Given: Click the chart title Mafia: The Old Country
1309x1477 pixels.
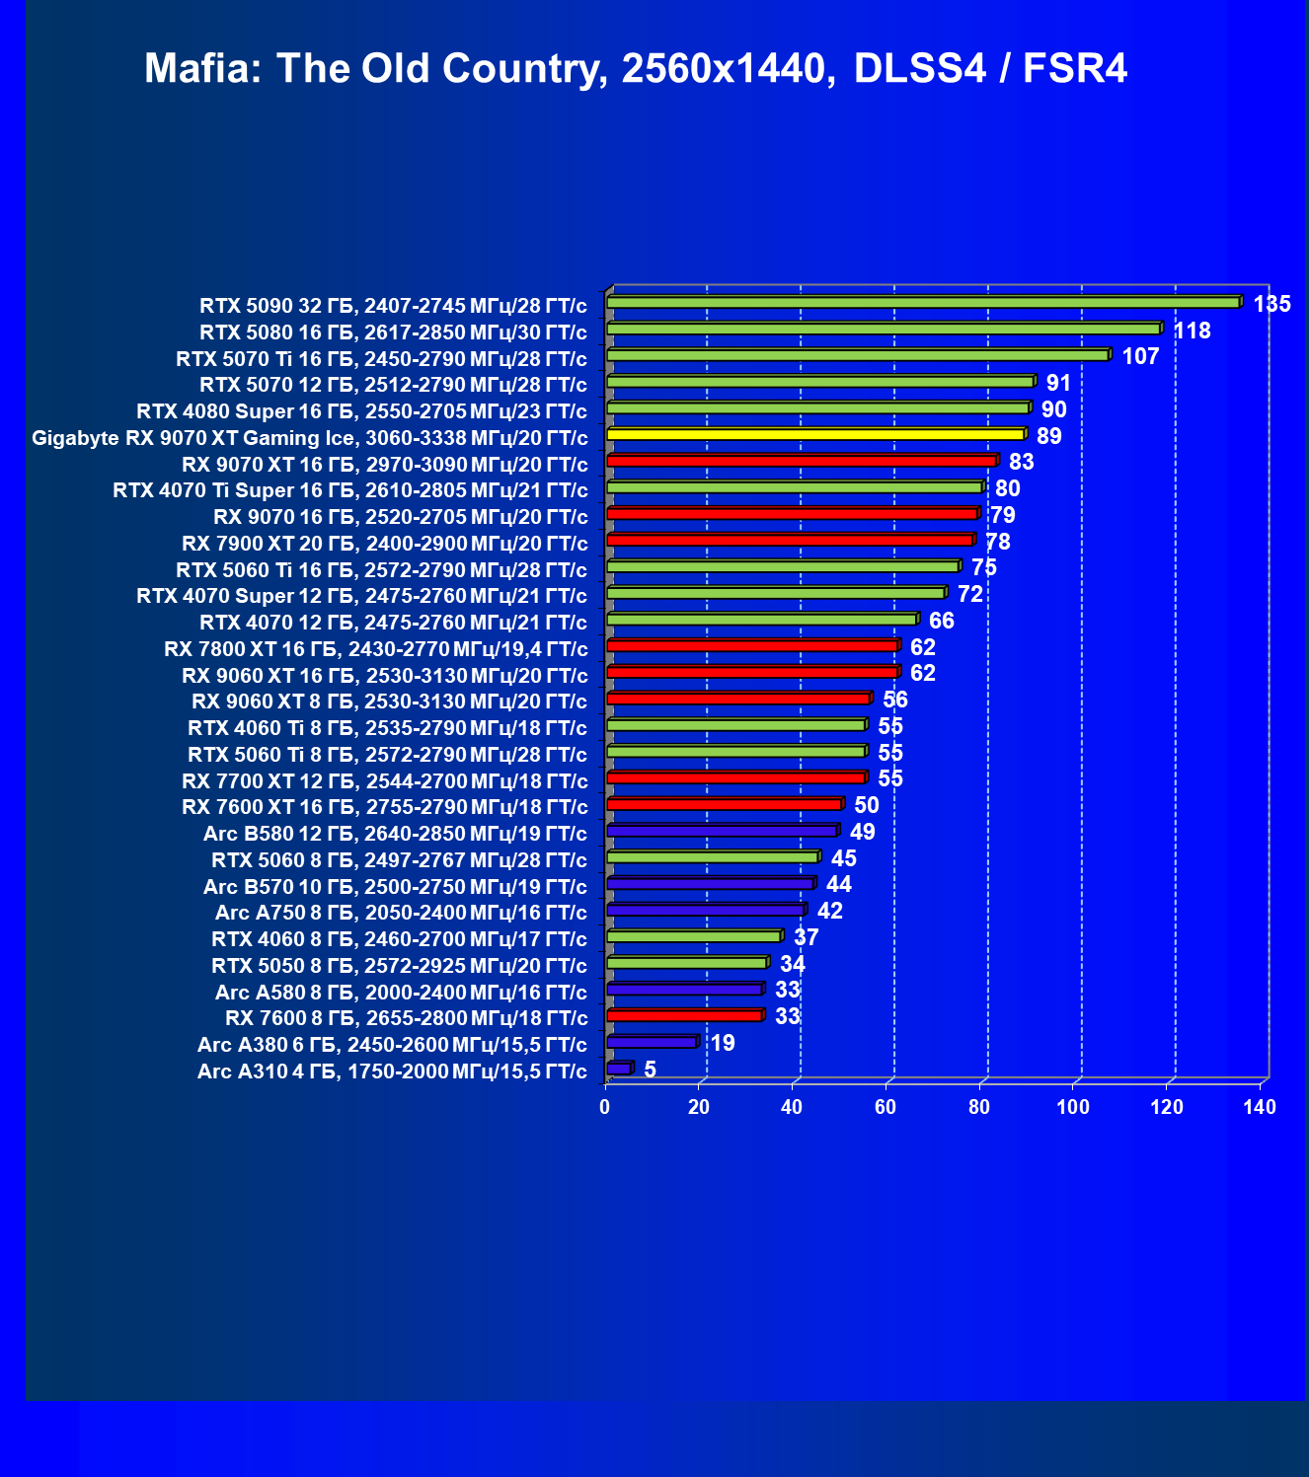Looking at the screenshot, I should [x=635, y=69].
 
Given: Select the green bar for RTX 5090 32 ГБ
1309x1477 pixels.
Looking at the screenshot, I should [x=923, y=302].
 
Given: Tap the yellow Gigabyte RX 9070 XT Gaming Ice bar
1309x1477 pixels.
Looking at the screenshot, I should [x=815, y=434].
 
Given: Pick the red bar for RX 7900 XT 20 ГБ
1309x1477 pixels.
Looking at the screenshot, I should [x=790, y=540].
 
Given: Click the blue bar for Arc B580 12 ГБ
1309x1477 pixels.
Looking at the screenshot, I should [x=722, y=831].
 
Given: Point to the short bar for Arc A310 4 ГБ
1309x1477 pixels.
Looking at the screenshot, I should [x=619, y=1069].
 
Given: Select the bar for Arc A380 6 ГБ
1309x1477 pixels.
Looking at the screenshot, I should [x=652, y=1042].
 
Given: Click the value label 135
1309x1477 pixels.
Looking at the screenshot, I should [x=1271, y=304].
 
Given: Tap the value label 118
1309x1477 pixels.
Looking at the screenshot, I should [x=1192, y=331].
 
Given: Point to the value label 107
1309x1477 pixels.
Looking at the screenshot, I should [x=1140, y=356].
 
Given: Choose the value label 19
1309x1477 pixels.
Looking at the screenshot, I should [x=723, y=1043].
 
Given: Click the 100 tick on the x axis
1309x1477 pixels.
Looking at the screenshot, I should [x=1073, y=1107].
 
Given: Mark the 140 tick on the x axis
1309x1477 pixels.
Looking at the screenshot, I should [x=1260, y=1107].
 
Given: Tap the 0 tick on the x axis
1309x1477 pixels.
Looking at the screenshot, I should [x=605, y=1107].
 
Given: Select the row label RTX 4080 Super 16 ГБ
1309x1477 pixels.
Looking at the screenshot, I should [x=361, y=411].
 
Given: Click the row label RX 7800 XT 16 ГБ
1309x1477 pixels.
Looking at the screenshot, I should [x=376, y=649].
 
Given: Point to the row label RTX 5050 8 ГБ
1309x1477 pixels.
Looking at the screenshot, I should [x=399, y=966].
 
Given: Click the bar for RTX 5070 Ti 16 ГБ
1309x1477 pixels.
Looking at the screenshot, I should [x=857, y=355].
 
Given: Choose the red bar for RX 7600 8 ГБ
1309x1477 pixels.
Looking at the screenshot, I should [x=684, y=1015].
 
